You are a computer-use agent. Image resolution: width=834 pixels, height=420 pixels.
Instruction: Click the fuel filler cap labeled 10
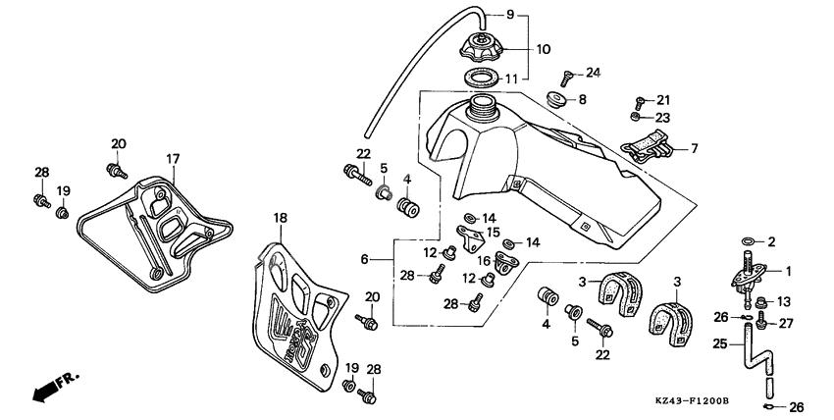[484, 46]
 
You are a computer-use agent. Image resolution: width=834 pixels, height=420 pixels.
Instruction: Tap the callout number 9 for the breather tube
[510, 14]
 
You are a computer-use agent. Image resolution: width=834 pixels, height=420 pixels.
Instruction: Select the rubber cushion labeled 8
[556, 99]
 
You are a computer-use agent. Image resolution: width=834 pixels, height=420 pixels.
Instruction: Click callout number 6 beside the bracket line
[364, 260]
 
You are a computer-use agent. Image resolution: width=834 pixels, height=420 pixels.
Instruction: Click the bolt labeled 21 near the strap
[640, 101]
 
